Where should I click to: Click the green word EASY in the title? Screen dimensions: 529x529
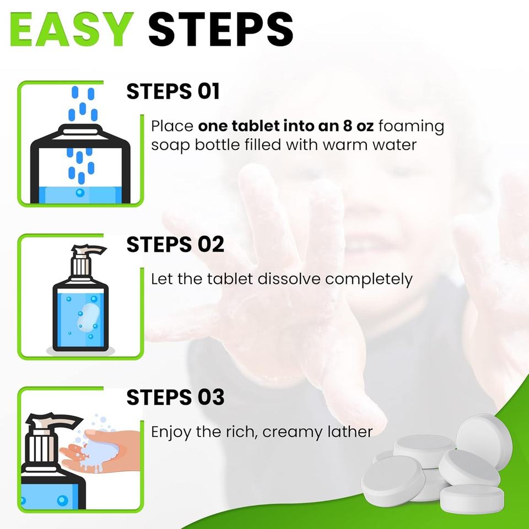pos(72,29)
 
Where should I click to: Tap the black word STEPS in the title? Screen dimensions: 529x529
pos(220,29)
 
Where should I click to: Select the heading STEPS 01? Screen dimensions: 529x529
pos(173,91)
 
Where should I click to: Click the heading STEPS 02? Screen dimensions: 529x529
pos(175,244)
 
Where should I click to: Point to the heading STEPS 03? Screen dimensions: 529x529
pos(175,397)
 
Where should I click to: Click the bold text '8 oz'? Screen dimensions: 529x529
pos(358,126)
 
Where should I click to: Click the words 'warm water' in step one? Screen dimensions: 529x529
pos(369,145)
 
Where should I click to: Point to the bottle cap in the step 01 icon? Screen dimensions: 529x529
pos(80,129)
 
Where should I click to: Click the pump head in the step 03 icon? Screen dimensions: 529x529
pos(54,420)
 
